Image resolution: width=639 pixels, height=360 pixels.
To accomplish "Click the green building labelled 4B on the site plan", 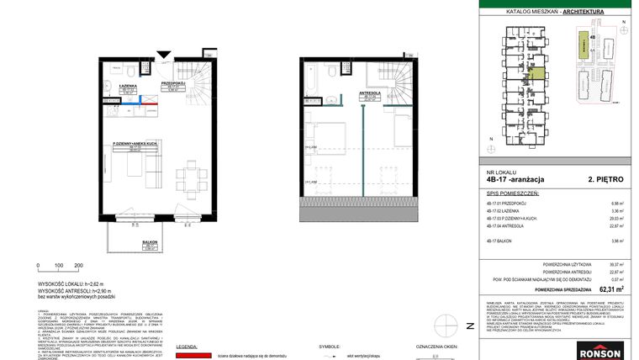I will tap(580, 47).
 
